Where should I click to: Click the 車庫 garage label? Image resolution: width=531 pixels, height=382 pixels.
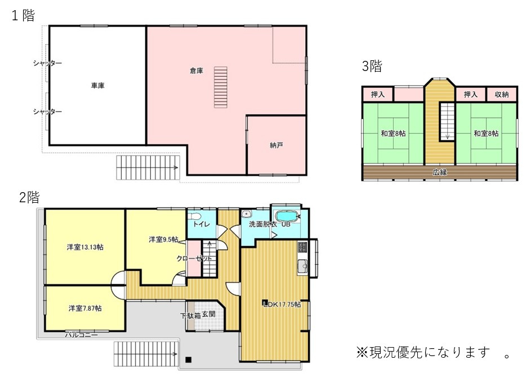tap(98, 86)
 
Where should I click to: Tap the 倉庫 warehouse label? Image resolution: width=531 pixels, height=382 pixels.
tap(197, 70)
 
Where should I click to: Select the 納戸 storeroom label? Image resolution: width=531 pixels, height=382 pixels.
tap(276, 145)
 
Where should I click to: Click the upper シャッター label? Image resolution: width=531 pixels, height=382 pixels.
tap(47, 63)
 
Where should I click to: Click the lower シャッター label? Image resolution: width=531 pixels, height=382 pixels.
tap(47, 112)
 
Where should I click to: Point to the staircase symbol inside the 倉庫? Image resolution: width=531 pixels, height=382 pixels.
tap(220, 87)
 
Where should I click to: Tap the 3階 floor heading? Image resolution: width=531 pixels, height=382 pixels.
tap(372, 66)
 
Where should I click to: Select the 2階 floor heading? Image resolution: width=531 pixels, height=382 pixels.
tap(29, 197)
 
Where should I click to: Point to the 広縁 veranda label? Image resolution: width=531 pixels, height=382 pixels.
tap(440, 172)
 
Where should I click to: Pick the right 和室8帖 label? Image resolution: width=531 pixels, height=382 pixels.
tap(486, 134)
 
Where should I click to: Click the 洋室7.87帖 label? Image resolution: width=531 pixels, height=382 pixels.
tap(85, 308)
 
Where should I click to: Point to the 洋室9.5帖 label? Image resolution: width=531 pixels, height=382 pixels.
tap(163, 239)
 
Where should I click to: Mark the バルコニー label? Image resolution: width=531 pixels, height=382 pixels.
tap(81, 335)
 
